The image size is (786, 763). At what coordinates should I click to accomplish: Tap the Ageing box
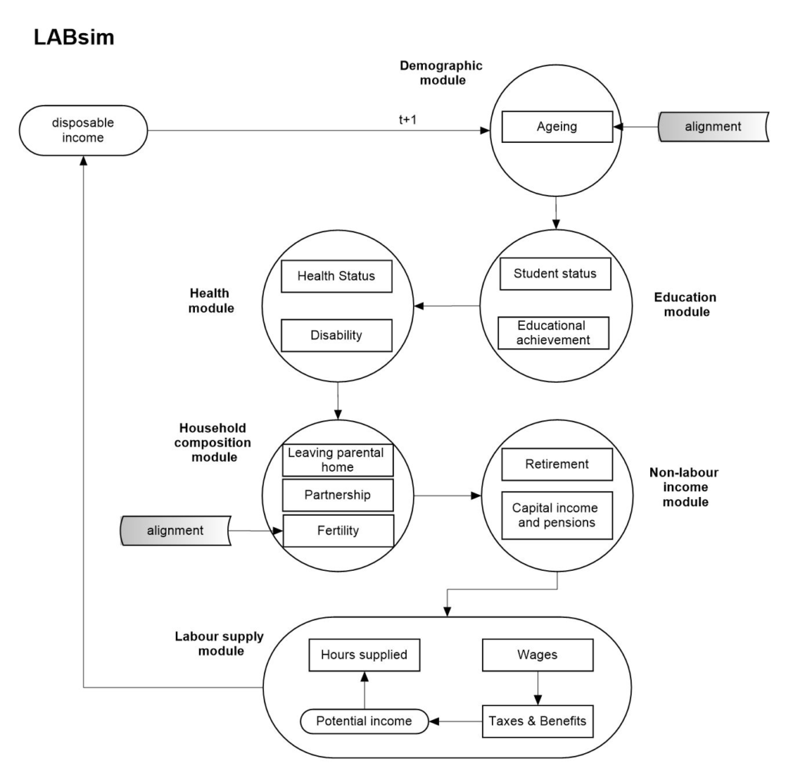coord(556,127)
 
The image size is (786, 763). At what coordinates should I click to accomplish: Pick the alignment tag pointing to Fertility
coord(176,529)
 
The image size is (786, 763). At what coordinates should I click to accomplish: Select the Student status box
coord(553,274)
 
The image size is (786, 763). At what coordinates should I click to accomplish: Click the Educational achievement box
coord(552,332)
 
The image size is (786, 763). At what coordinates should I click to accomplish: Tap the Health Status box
coord(337,276)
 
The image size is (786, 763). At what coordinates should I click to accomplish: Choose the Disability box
coord(337,335)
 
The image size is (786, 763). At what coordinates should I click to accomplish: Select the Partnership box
coord(338,495)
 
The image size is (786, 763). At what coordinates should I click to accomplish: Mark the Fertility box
coord(338,530)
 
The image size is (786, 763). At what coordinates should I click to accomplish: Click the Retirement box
coord(556,464)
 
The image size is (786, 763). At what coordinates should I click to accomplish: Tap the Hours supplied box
coord(364,655)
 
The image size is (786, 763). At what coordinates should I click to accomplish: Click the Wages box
coord(537,655)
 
